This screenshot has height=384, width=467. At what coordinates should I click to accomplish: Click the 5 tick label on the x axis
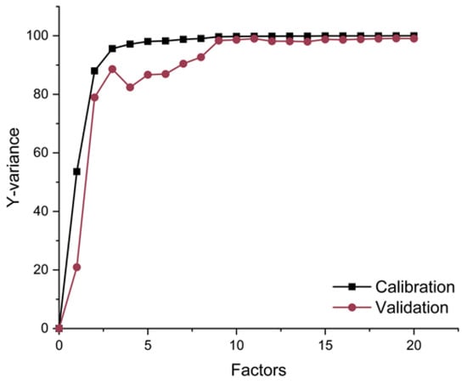tap(148, 346)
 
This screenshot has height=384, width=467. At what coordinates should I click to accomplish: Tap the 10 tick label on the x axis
tap(237, 346)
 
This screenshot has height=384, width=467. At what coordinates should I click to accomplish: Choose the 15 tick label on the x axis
tap(325, 346)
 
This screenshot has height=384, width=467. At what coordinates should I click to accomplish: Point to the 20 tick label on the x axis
tap(414, 346)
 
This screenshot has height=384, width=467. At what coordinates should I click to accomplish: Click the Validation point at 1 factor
tap(77, 267)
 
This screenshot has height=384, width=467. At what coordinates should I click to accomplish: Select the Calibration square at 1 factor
tap(77, 171)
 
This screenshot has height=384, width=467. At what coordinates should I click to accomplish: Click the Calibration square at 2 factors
tap(94, 71)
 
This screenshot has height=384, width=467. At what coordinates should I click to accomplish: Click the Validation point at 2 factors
tap(94, 97)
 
